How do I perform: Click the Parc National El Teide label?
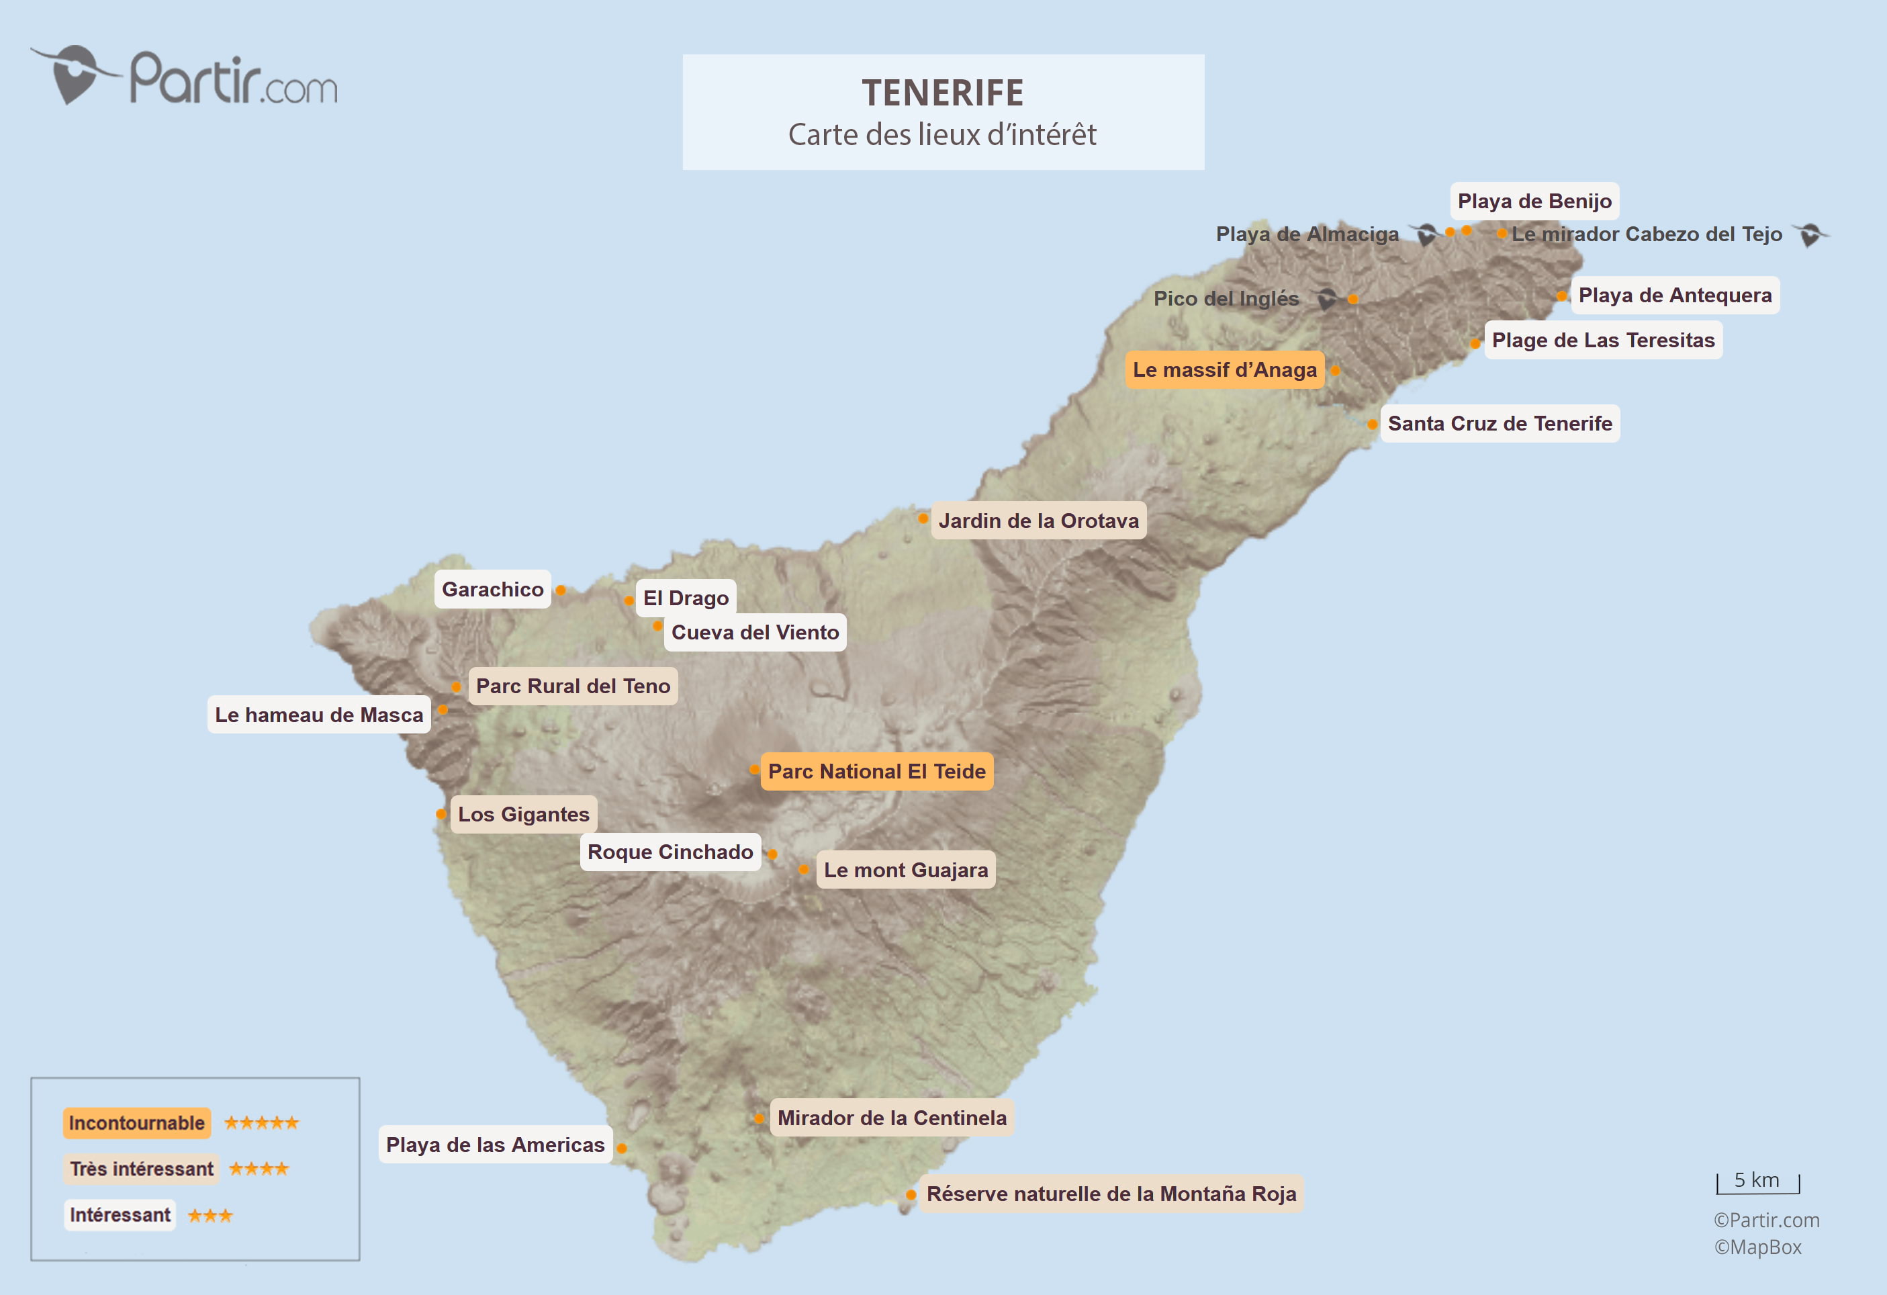pos(876,771)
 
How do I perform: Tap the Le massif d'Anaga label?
pos(1224,370)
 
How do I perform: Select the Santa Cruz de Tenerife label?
pos(1499,424)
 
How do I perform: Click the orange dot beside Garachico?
pos(560,590)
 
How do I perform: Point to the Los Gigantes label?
pos(524,814)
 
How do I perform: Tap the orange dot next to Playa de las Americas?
pos(621,1148)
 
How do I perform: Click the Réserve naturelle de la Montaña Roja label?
pos(1111,1194)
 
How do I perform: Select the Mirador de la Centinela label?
pos(892,1118)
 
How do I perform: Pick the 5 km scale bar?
pos(1758,1182)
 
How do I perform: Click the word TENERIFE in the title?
pos(943,93)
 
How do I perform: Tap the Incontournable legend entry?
pos(136,1123)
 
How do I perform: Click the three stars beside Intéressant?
pos(210,1216)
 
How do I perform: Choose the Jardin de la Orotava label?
pos(1038,521)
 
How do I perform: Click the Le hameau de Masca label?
pos(319,715)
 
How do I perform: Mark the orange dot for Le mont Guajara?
pos(803,870)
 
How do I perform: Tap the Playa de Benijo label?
pos(1534,202)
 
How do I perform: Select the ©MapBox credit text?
pos(1757,1247)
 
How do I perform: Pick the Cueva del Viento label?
pos(755,633)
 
